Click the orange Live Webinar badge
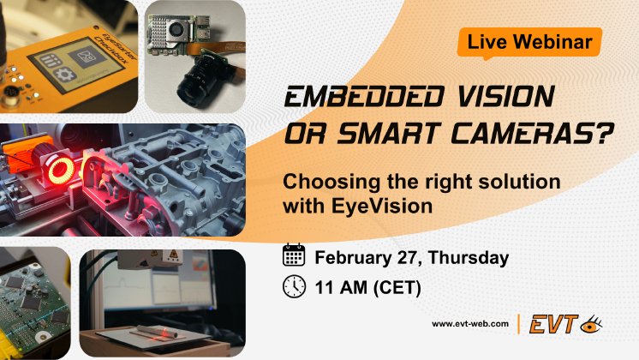(529, 41)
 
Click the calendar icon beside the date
(294, 255)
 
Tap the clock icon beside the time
(294, 286)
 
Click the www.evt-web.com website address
(471, 324)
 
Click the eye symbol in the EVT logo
(591, 324)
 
